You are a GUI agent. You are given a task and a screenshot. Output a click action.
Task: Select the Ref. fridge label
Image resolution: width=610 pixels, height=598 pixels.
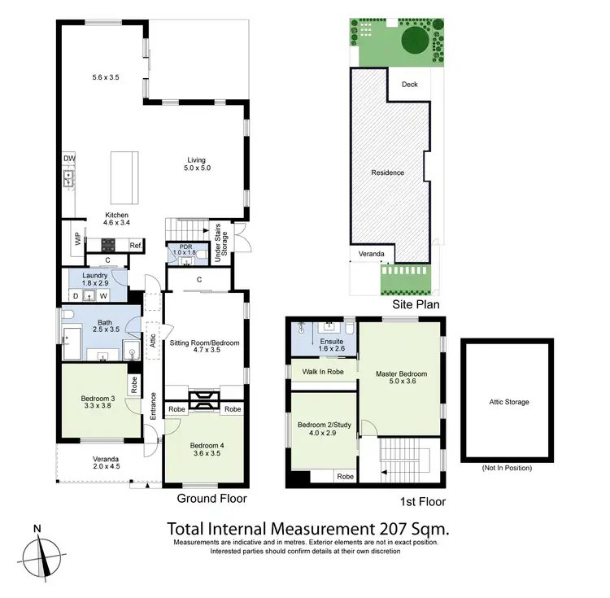[x=135, y=246]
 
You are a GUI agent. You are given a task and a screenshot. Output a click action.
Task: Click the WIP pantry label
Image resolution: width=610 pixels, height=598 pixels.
[x=78, y=239]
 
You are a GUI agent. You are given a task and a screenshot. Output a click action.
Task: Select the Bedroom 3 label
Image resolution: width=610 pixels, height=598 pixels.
[x=98, y=399]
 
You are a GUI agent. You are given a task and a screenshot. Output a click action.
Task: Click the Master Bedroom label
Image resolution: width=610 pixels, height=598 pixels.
[x=401, y=374]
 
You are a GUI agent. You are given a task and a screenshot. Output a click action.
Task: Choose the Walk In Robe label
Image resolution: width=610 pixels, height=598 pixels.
[x=321, y=372]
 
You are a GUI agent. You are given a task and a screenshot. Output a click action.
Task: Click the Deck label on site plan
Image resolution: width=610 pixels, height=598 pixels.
[x=408, y=83]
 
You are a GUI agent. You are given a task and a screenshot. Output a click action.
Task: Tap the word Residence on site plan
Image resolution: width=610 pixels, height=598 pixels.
[x=387, y=172]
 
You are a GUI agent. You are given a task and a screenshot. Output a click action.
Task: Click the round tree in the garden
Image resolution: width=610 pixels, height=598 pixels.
[x=414, y=41]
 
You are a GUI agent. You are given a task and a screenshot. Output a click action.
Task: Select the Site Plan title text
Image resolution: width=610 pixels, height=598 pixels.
[x=416, y=305]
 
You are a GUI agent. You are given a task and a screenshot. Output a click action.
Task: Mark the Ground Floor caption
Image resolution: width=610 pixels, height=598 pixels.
[x=212, y=499]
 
